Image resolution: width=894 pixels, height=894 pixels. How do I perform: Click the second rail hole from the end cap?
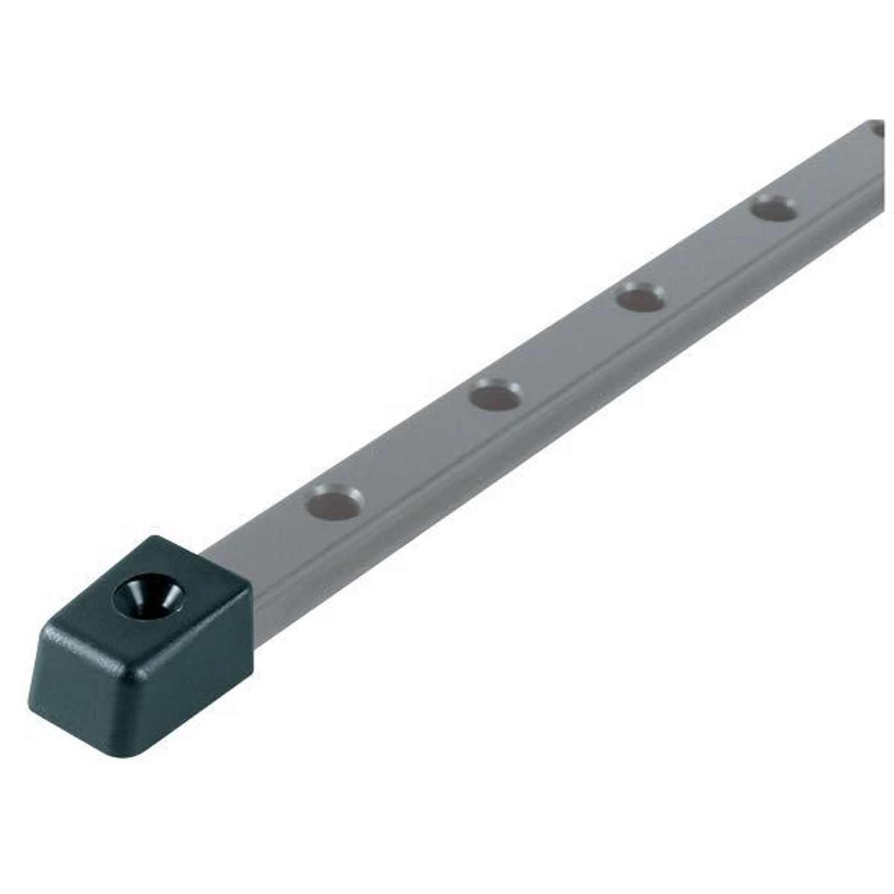pyautogui.click(x=495, y=395)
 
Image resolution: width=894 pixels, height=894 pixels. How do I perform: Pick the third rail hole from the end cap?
pyautogui.click(x=640, y=297)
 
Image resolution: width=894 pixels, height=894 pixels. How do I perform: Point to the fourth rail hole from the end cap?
pyautogui.click(x=773, y=208)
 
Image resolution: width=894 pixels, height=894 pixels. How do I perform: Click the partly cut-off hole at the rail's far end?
pyautogui.click(x=880, y=131)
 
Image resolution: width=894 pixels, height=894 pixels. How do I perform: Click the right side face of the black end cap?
pyautogui.click(x=211, y=677)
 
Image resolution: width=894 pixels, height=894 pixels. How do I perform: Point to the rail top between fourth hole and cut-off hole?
pyautogui.click(x=830, y=169)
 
